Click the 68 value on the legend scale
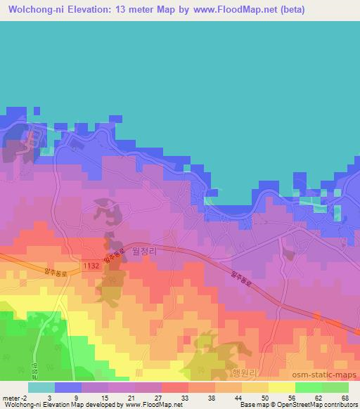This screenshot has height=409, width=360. pyautogui.click(x=345, y=398)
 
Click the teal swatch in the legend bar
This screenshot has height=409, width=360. pyautogui.click(x=41, y=387)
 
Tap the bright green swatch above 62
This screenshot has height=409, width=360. pyautogui.click(x=309, y=387)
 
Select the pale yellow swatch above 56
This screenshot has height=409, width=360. pyautogui.click(x=282, y=387)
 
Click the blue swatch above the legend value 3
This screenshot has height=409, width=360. pyautogui.click(x=68, y=387)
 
